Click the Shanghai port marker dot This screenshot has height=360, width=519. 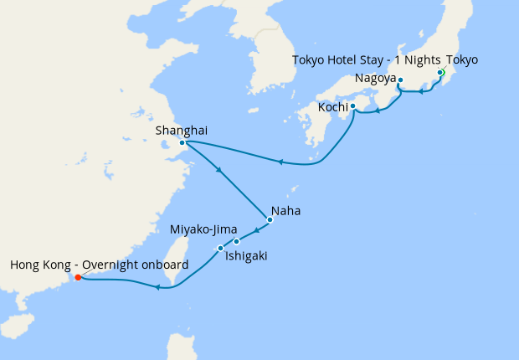coord(182,142)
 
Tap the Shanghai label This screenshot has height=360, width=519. coord(182,130)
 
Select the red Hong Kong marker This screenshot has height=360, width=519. coord(77,277)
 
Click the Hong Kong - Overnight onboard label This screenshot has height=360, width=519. coord(99,265)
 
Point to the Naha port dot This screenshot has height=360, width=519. coord(270,220)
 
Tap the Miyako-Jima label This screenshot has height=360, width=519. coord(203,229)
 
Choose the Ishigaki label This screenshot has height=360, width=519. coord(246,255)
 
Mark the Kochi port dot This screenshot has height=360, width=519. coord(352,106)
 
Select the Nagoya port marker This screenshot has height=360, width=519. coord(400,80)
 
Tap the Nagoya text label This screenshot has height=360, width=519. coord(374,78)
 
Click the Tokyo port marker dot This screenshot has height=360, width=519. coord(440,84)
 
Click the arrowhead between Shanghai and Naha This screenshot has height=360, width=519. coord(219,172)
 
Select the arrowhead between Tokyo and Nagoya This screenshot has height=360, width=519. coord(421,92)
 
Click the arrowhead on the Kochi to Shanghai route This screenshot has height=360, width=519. coord(281,162)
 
